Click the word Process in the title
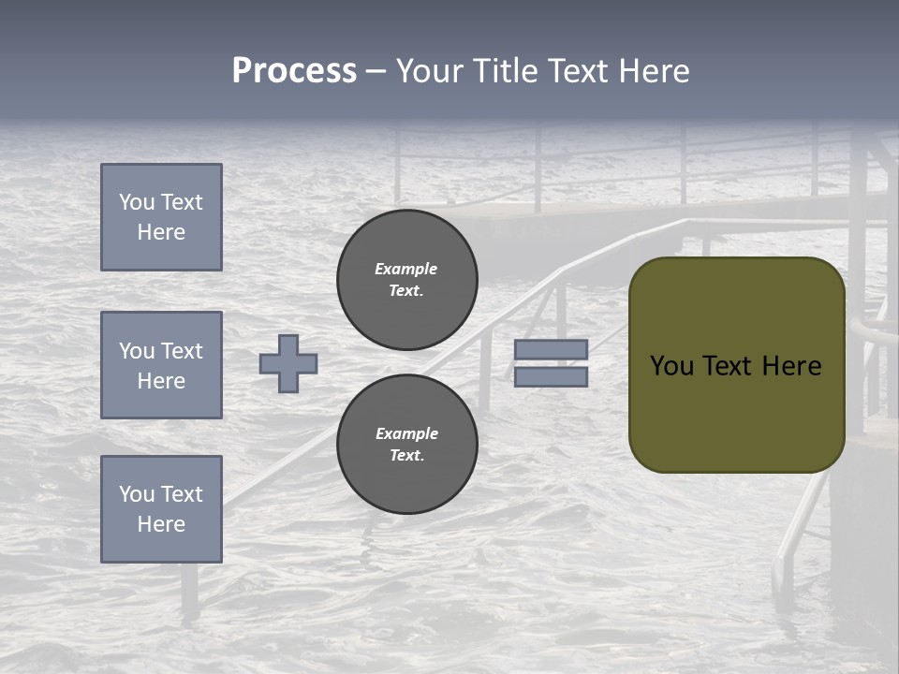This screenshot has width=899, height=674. pyautogui.click(x=294, y=71)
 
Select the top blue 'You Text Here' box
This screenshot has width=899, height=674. pyautogui.click(x=161, y=217)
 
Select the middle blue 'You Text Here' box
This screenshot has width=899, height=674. pyautogui.click(x=161, y=365)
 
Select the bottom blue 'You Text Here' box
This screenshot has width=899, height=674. pyautogui.click(x=161, y=509)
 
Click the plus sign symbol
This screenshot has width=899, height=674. pyautogui.click(x=288, y=363)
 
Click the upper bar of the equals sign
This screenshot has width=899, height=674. pyautogui.click(x=551, y=349)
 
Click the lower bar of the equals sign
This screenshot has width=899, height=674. pyautogui.click(x=551, y=376)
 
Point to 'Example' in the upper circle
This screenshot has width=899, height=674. pyautogui.click(x=405, y=269)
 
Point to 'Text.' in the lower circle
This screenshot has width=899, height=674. pyautogui.click(x=406, y=455)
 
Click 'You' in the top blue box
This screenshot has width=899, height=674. pyautogui.click(x=137, y=202)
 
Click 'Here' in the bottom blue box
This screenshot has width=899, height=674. pyautogui.click(x=161, y=524)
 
